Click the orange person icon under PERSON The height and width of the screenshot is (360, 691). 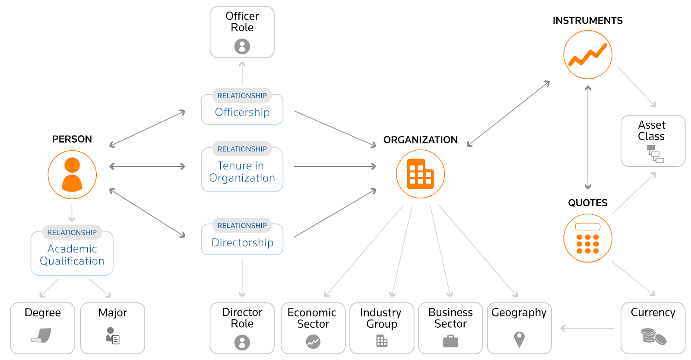pos(72,175)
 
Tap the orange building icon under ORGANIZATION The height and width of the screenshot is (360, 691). pos(420,174)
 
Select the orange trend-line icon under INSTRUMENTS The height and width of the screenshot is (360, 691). pos(588,54)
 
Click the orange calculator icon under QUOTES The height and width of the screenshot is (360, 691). pos(588,238)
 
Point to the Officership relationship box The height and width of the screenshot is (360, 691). pos(242,109)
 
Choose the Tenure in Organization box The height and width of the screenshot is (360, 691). pos(242,170)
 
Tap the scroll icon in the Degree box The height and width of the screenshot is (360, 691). pos(42,335)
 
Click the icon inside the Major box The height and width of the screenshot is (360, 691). pos(113,336)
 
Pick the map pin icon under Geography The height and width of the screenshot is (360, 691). pos(519,339)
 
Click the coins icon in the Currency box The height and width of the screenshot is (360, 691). pos(653,336)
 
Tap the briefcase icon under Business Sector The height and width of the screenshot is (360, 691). pos(450,341)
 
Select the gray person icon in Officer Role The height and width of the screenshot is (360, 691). pos(242,46)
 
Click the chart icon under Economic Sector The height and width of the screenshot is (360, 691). pos(313,342)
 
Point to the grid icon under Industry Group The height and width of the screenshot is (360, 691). pos(382,341)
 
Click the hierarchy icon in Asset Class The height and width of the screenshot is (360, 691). pos(655,154)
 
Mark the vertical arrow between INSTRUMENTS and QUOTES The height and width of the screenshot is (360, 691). pos(588,137)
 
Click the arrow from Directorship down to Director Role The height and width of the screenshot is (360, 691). pos(242,278)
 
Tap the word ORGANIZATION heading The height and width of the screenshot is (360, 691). pos(420,140)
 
